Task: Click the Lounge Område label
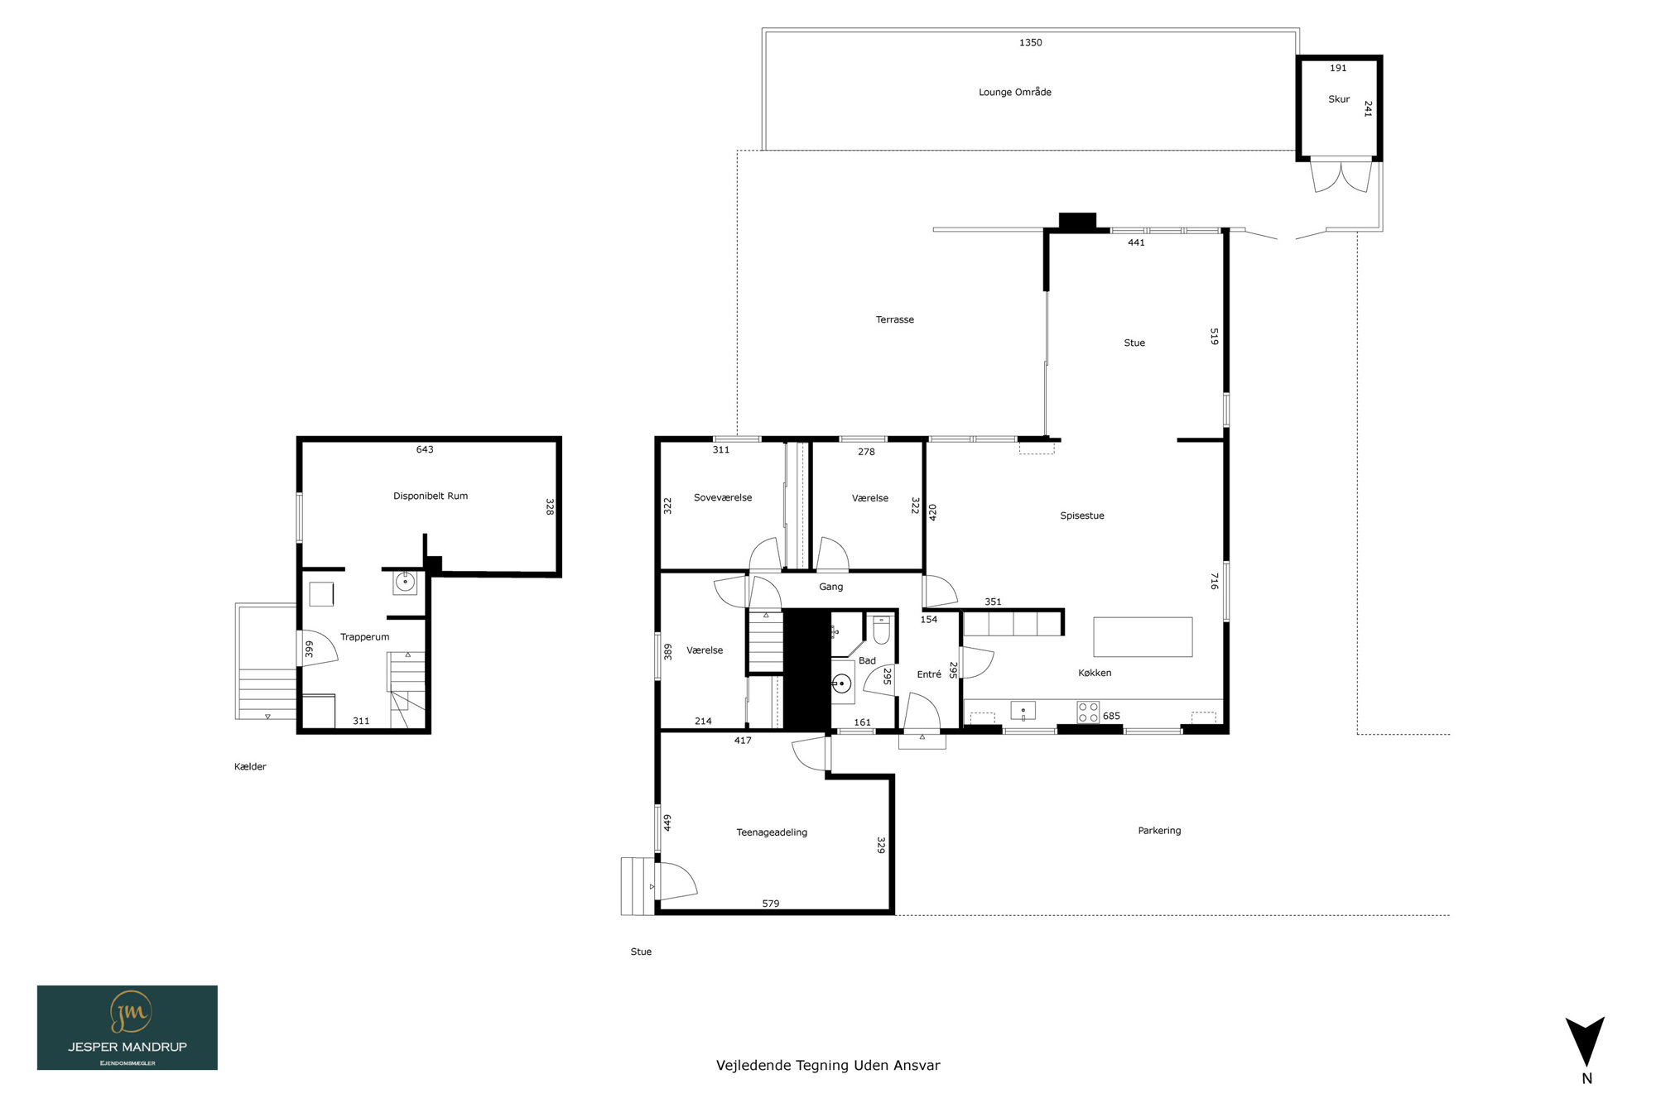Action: point(1015,92)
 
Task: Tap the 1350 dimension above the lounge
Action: point(1031,42)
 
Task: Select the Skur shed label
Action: point(1339,98)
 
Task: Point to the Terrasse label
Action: point(895,319)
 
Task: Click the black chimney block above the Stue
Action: point(1077,221)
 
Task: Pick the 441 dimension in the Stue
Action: point(1136,242)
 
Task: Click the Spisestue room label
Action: point(1082,516)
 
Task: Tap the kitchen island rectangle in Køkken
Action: point(1143,637)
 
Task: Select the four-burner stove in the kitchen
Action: point(1088,712)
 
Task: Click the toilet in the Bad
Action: point(881,631)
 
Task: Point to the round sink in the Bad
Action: point(841,683)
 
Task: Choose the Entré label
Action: point(929,674)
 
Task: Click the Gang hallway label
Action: point(831,587)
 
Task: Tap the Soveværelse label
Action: point(723,497)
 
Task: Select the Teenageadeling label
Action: point(772,832)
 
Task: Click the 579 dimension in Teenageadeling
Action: point(771,904)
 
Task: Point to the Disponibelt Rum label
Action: point(431,496)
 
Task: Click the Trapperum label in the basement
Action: point(364,637)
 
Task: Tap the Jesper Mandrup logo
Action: point(128,1028)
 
